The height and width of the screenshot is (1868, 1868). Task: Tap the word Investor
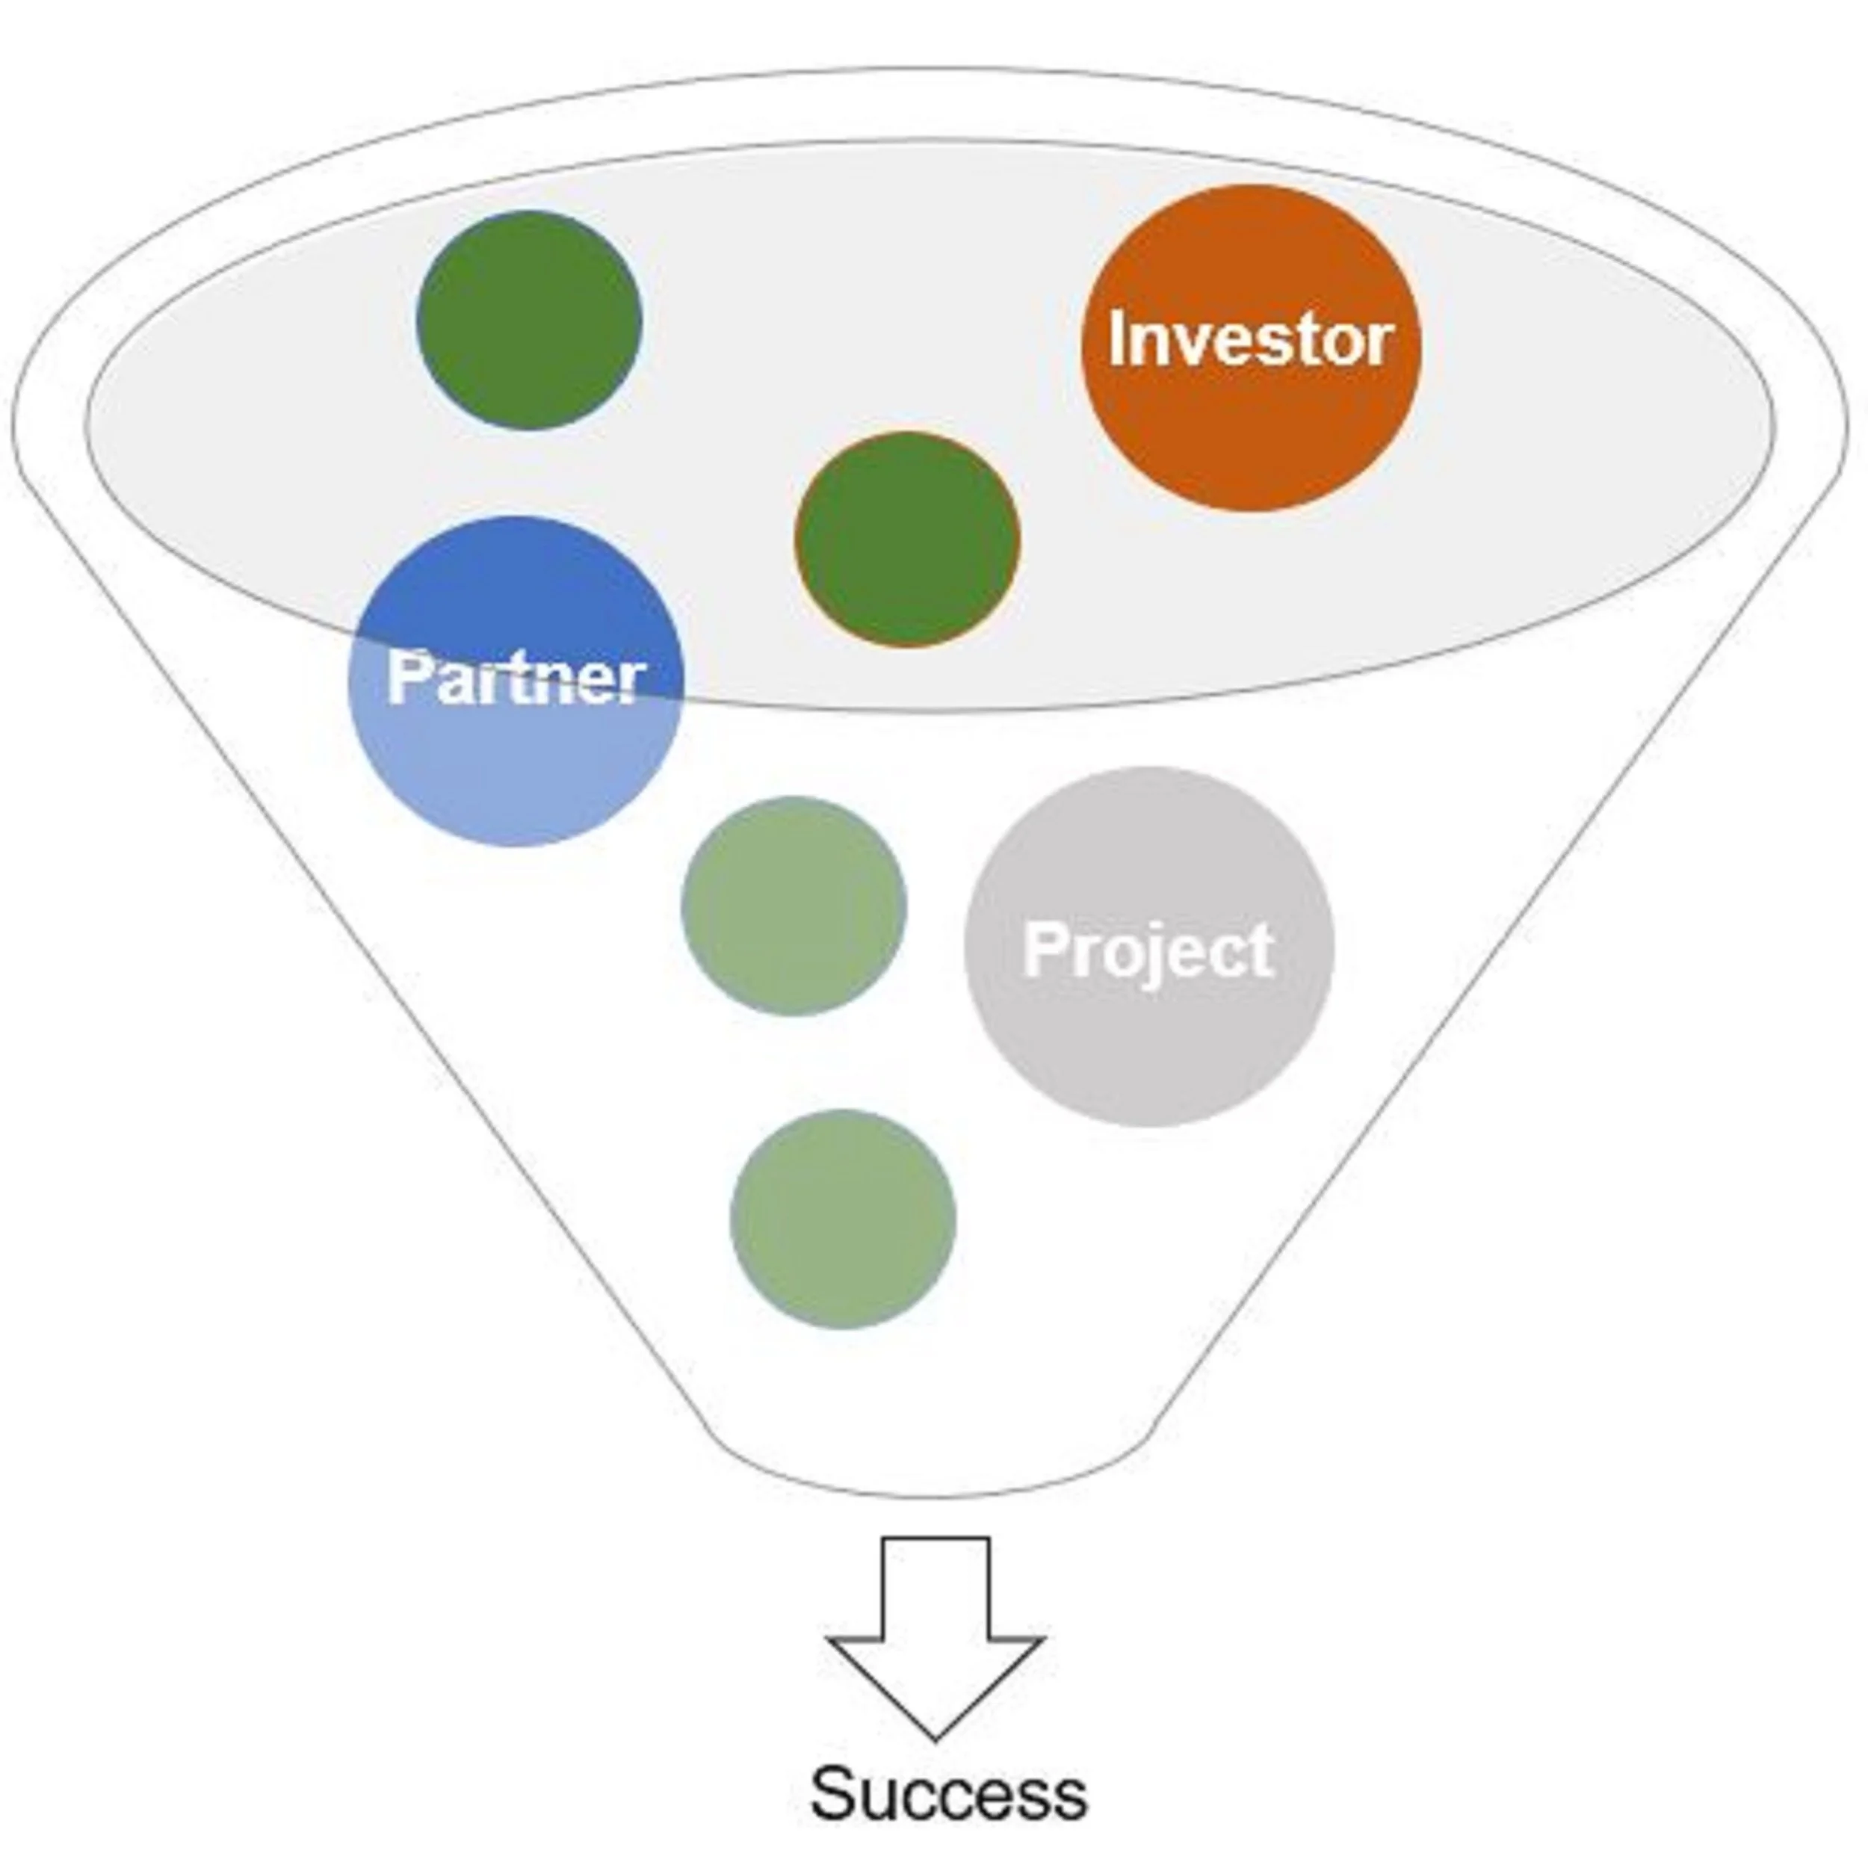(1249, 340)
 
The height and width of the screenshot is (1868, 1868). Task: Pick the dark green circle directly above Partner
(529, 320)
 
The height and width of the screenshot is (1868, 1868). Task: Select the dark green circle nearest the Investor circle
(907, 539)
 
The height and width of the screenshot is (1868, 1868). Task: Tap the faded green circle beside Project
(794, 906)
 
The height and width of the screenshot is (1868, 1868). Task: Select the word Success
(947, 1795)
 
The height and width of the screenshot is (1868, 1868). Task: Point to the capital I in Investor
(1119, 340)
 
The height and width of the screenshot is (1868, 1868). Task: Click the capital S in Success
(835, 1795)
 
